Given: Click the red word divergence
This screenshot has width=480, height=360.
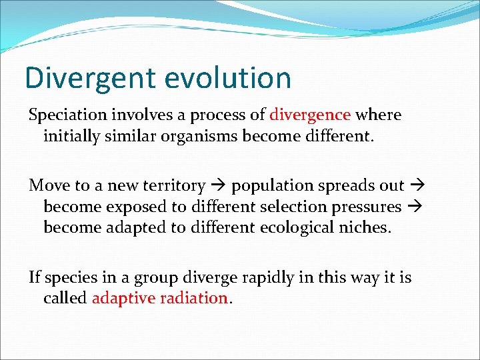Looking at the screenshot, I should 310,115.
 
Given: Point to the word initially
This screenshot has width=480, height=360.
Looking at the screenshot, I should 71,137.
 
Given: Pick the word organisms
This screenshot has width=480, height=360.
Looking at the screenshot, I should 214,137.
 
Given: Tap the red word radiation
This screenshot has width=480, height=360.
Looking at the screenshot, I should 193,298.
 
